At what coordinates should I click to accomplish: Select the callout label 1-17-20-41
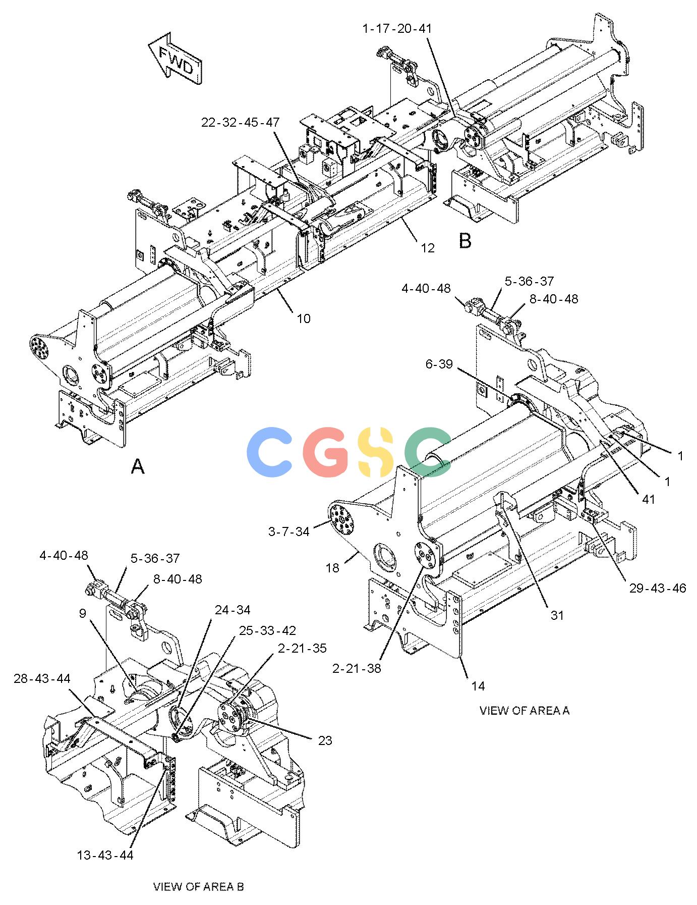[x=397, y=29]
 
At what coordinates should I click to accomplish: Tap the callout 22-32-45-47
[x=241, y=123]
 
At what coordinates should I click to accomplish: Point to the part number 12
[x=428, y=248]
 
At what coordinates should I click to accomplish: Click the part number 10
[x=304, y=318]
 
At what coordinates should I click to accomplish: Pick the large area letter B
[x=465, y=241]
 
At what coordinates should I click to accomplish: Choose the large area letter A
[x=138, y=466]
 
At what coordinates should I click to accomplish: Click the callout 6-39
[x=439, y=364]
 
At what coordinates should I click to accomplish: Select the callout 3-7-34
[x=288, y=531]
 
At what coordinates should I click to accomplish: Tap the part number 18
[x=332, y=568]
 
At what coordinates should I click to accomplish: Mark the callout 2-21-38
[x=357, y=668]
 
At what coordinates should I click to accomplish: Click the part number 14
[x=478, y=686]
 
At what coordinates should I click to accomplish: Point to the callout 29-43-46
[x=658, y=588]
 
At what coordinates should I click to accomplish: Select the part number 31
[x=557, y=615]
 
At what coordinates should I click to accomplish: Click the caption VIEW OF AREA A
[x=525, y=711]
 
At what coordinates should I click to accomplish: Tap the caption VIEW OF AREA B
[x=198, y=887]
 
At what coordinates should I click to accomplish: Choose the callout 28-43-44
[x=42, y=679]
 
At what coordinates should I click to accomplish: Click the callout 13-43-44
[x=105, y=855]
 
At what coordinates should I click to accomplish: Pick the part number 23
[x=325, y=740]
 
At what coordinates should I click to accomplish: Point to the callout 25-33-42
[x=267, y=631]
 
